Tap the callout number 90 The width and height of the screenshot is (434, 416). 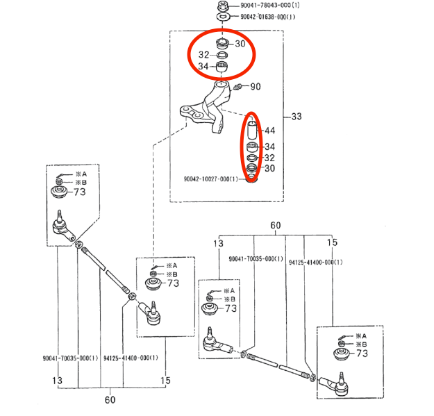point(255,87)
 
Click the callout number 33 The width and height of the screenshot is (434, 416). point(297,117)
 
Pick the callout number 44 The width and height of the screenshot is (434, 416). point(269,131)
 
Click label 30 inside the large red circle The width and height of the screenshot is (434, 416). point(240,44)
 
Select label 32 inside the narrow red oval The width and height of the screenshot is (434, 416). point(269,158)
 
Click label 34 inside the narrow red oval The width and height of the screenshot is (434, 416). point(269,147)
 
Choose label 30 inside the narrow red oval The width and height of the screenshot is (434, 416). point(269,168)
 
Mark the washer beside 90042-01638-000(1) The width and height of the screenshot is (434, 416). point(224,17)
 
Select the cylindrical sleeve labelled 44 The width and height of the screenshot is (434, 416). point(252,130)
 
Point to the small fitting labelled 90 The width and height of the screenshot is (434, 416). point(238,87)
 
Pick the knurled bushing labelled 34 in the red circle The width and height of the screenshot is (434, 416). point(222,67)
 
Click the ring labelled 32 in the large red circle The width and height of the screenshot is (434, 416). point(222,55)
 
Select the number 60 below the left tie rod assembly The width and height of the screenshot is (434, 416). point(110,399)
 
